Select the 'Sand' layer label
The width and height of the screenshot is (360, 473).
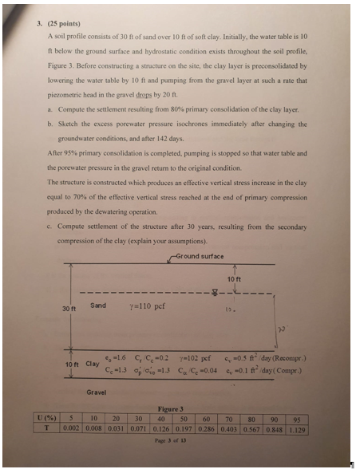coord(98,305)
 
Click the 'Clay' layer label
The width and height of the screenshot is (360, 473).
coord(93,364)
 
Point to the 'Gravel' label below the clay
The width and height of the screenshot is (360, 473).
coord(96,392)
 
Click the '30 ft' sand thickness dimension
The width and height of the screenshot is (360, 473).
coord(68,307)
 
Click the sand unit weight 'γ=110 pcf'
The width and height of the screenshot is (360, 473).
coord(146,306)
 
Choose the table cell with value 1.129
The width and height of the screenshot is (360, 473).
coord(296,427)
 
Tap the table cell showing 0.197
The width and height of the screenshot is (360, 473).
coord(184,427)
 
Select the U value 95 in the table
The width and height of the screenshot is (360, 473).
coord(296,416)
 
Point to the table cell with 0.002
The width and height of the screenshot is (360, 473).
coord(72,427)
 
